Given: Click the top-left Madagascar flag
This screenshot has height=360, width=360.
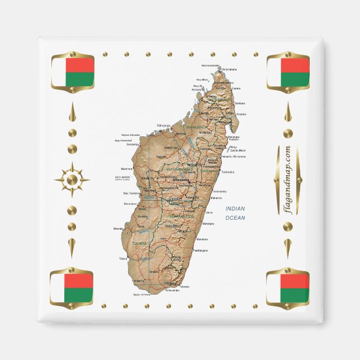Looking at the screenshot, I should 73,72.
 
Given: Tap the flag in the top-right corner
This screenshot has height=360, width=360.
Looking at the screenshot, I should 288,72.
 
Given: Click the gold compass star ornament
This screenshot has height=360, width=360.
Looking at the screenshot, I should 72,180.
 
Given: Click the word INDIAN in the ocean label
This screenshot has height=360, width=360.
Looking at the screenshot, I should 235,209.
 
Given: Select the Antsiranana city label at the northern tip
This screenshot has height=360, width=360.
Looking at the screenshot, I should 230,70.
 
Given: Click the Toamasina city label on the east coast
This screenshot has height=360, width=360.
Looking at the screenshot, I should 227,172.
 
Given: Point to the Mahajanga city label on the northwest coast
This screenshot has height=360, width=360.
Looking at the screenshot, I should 163,125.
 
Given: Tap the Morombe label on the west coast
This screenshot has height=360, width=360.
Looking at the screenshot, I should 119,229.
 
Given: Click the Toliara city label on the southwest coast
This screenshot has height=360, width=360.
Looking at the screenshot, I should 124,259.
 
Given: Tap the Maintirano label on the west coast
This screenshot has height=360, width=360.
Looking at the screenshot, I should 127,168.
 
